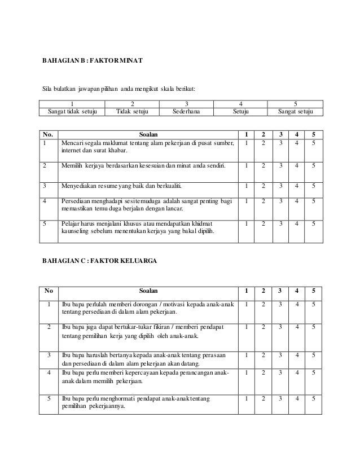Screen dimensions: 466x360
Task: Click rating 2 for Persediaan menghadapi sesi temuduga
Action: [263, 201]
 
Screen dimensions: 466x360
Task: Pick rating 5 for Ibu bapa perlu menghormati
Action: [314, 399]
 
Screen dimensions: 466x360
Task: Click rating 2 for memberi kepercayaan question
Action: [263, 373]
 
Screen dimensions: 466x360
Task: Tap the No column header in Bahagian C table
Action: [49, 291]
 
